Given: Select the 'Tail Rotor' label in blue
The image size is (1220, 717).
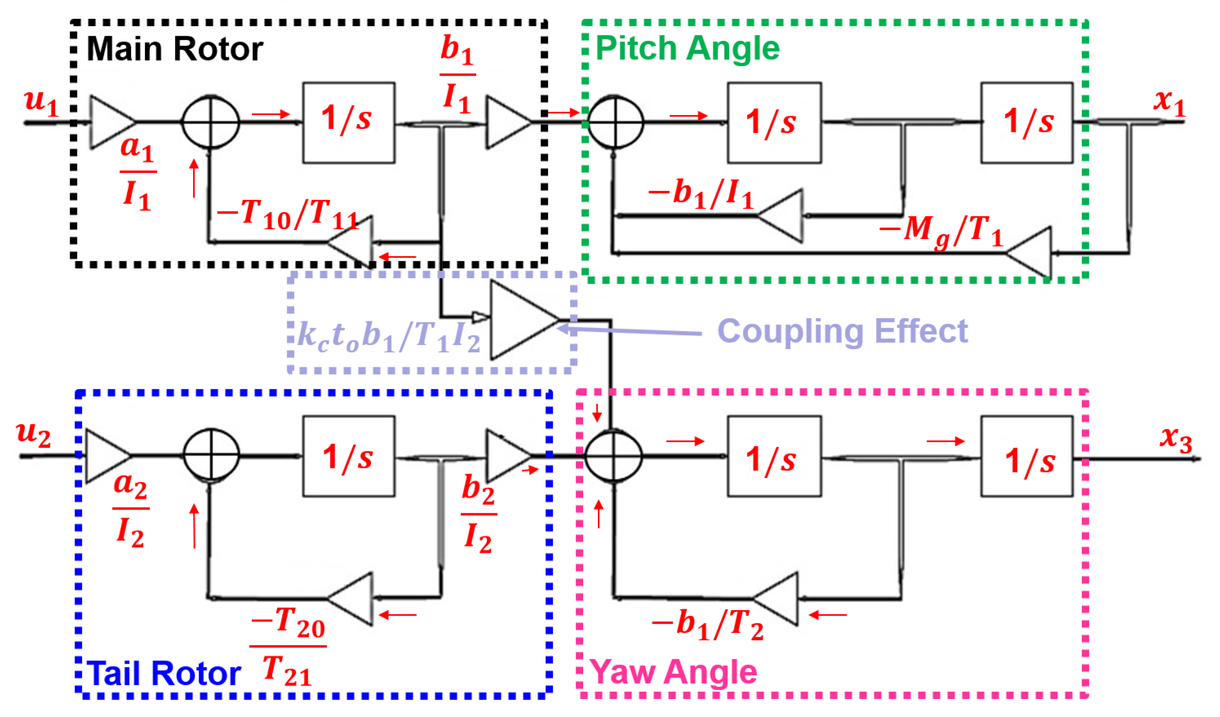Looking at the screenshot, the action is tap(164, 673).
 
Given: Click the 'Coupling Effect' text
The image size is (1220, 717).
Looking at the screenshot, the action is tap(842, 331).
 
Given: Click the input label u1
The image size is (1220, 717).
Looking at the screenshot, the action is tap(42, 103).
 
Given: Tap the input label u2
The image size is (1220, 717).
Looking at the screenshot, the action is tap(33, 433).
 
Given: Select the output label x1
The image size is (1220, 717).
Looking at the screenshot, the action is tap(1170, 103).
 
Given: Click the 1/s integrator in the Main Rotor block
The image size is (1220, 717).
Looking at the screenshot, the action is tap(348, 122).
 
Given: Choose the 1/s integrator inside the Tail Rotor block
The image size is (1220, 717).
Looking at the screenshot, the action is tap(348, 456).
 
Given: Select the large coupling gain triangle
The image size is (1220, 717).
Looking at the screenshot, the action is tap(525, 320).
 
